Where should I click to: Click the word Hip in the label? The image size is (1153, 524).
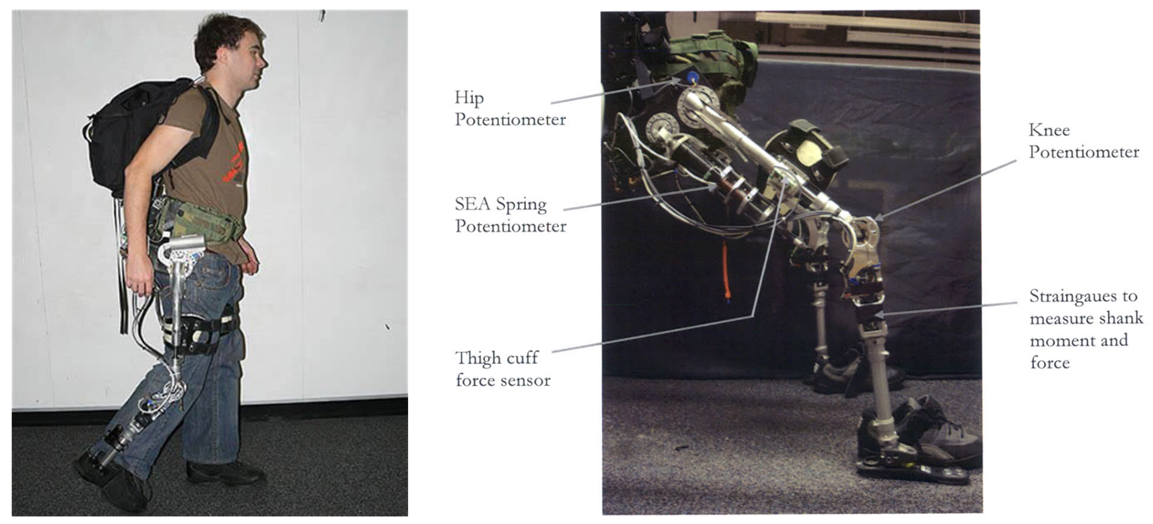(469, 99)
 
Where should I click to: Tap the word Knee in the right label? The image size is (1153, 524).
(1049, 130)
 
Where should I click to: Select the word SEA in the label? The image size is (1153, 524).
(472, 203)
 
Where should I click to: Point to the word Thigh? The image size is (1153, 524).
(478, 359)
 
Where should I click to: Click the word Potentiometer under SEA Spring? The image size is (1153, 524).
(511, 226)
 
